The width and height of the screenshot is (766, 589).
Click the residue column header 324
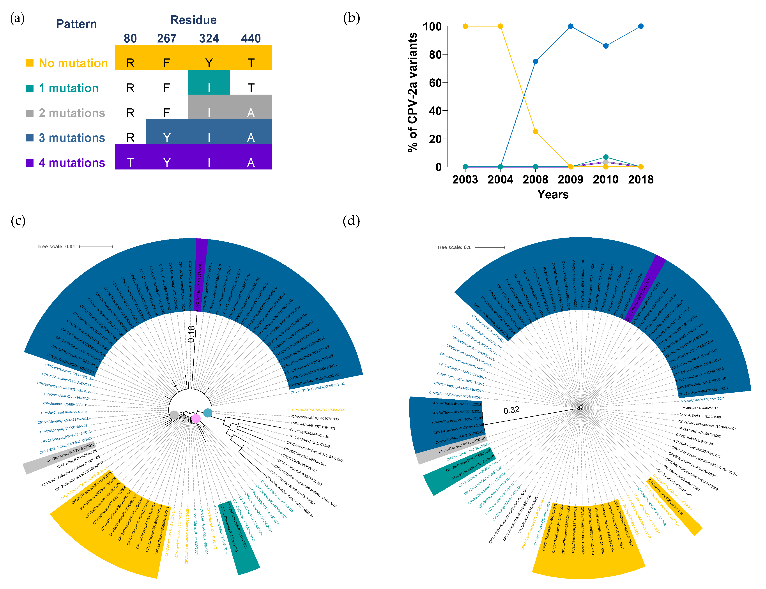click(x=209, y=38)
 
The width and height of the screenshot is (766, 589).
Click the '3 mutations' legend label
click(x=72, y=138)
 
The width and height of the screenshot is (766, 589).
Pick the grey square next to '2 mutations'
click(x=30, y=113)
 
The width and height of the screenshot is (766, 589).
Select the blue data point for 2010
click(x=606, y=46)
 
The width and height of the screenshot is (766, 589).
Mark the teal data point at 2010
click(x=606, y=157)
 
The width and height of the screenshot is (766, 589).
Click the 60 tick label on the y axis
click(x=435, y=83)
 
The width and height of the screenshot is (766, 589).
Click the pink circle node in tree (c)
click(x=196, y=418)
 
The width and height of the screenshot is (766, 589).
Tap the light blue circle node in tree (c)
click(x=208, y=413)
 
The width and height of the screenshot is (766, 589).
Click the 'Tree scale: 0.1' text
click(x=453, y=247)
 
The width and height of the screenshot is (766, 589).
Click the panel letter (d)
click(x=351, y=221)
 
